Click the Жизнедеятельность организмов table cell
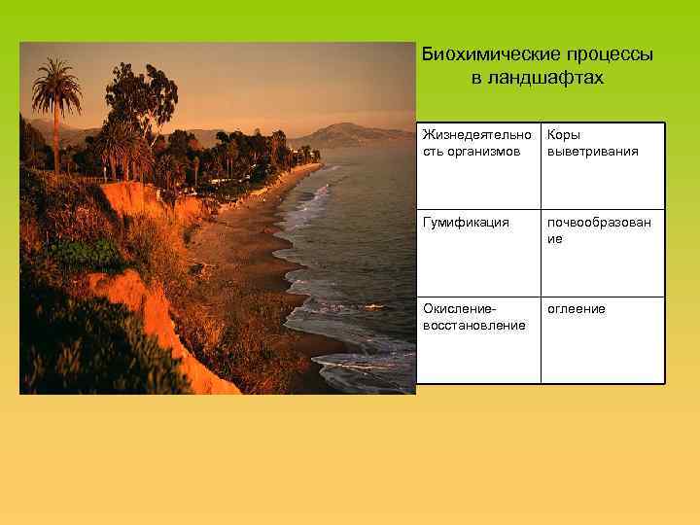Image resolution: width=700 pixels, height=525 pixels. tap(477, 165)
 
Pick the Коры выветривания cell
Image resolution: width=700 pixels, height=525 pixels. tap(603, 165)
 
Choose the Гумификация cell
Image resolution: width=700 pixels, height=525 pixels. tap(477, 253)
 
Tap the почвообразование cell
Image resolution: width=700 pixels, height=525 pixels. tap(603, 253)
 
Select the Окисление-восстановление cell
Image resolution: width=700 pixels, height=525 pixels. tap(477, 339)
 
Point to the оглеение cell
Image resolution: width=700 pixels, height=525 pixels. tap(603, 339)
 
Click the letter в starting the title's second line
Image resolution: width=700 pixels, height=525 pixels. tap(476, 78)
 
